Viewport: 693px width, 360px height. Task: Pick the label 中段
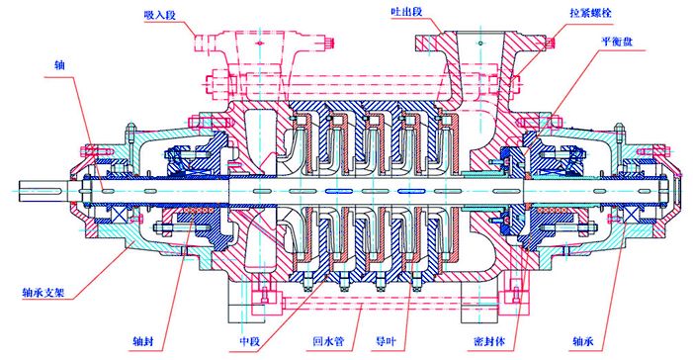click(250, 343)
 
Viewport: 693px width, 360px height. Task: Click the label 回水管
click(327, 343)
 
